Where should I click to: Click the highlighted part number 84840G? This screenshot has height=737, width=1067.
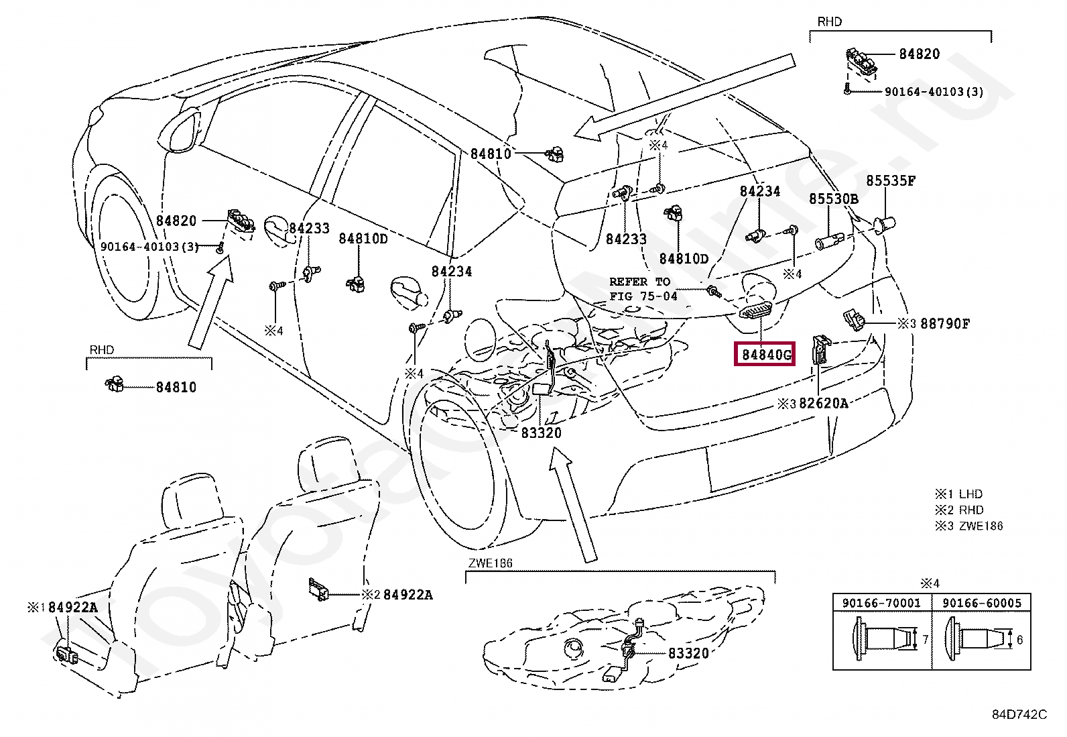765,354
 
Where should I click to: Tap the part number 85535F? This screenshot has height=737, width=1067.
890,180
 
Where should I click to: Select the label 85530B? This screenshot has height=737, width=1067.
833,199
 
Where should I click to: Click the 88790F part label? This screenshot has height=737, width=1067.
944,323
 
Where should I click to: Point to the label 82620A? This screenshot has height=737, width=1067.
823,403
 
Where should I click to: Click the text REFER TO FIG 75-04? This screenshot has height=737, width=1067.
643,288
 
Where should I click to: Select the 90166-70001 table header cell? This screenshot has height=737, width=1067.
881,602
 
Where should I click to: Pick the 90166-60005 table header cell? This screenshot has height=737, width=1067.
981,602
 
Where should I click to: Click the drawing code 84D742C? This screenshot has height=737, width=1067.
1019,714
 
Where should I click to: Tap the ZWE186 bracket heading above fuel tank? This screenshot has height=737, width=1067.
490,563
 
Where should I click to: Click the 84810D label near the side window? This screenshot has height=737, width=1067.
363,238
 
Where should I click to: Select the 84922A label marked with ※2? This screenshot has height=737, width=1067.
407,594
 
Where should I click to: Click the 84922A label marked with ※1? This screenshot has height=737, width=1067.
72,607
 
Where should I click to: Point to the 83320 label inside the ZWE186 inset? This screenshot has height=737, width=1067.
688,653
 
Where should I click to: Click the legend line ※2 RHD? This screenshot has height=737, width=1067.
959,510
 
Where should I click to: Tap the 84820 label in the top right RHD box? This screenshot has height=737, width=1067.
919,54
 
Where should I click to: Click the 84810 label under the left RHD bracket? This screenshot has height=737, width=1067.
176,387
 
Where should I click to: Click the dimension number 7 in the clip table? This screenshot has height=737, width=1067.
925,639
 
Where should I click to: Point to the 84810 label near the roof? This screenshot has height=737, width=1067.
490,154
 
